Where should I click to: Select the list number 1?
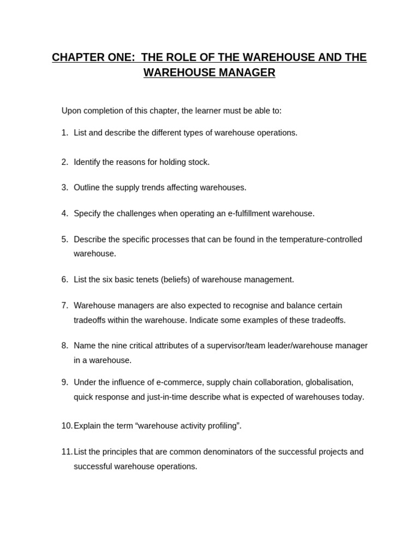(64, 133)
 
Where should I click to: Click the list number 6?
(64, 279)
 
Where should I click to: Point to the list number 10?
(67, 426)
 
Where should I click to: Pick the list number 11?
(67, 452)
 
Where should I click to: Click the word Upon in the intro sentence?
(71, 111)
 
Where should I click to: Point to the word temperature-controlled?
(321, 239)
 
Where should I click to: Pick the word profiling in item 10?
(221, 426)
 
